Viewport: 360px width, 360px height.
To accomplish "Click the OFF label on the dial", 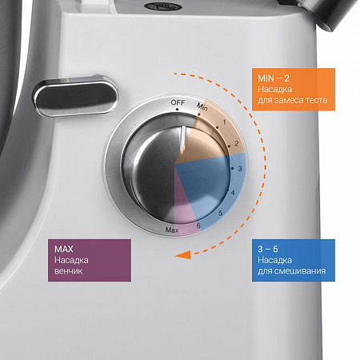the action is tap(178, 102).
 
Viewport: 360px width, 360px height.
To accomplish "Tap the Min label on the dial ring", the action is tap(202, 106).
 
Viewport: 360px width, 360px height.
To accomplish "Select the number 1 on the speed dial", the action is tap(224, 122).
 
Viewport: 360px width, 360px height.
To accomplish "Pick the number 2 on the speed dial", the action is tap(236, 143).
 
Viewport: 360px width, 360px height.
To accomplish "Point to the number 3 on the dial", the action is tap(240, 169).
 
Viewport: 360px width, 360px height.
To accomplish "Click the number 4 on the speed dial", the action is tap(233, 192).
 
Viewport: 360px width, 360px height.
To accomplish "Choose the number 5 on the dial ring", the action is tap(220, 213).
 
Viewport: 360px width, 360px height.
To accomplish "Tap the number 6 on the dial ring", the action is tap(198, 226).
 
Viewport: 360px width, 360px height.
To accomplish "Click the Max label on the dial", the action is tap(172, 230).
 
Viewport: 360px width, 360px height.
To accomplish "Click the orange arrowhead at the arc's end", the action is tap(183, 254).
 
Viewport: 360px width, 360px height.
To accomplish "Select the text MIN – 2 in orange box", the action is tap(274, 78).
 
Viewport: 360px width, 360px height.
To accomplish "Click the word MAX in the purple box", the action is tap(64, 249).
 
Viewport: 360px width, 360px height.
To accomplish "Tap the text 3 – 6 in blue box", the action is tap(268, 249).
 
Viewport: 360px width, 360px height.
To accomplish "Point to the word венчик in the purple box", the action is tap(69, 271).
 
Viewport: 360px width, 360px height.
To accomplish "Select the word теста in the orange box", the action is tap(315, 100).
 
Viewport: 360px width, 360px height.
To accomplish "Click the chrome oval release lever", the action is tap(75, 97).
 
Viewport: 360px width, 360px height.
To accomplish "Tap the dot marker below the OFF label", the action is tap(177, 110).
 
